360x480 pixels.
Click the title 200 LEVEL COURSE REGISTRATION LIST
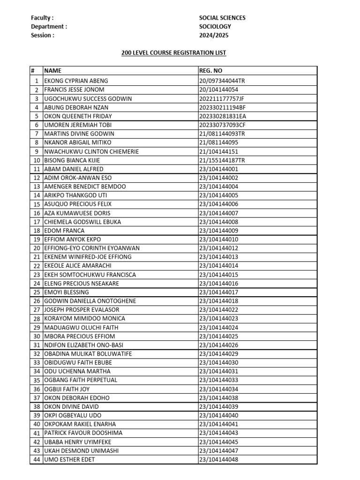[173, 53]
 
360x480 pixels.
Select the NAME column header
[52, 71]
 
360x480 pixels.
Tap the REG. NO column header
[210, 71]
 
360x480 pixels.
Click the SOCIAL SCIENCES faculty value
[222, 18]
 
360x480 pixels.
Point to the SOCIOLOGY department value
[215, 27]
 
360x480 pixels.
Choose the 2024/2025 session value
[214, 35]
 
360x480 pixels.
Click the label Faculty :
[42, 18]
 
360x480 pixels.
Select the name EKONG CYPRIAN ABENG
[76, 81]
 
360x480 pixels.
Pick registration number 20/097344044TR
[222, 81]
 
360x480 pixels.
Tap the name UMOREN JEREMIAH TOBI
[78, 125]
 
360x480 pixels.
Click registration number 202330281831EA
[223, 116]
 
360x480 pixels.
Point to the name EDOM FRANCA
[64, 231]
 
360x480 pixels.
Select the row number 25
[37, 292]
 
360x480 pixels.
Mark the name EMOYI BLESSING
[67, 292]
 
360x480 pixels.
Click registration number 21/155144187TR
[222, 160]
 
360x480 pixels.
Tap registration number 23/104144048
[219, 460]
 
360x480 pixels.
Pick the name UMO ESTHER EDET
[69, 460]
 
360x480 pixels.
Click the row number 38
[37, 407]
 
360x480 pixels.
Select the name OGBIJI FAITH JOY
[67, 390]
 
